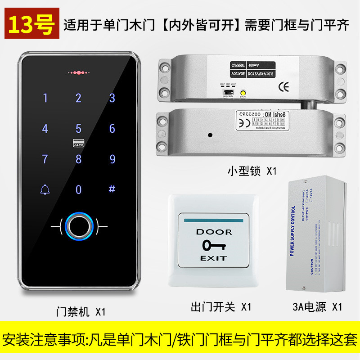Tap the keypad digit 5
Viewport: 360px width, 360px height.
pos(78,129)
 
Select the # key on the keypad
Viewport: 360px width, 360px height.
pos(112,189)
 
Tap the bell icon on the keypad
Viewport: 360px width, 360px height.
pos(45,189)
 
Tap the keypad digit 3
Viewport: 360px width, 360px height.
pos(112,98)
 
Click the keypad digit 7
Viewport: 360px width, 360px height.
pos(45,159)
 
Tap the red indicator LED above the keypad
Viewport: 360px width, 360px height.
pos(78,72)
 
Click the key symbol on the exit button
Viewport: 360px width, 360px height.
pos(214,245)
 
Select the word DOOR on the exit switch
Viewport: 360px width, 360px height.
pos(214,232)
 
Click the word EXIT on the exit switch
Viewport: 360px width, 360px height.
pos(214,258)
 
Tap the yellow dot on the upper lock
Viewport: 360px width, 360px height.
pos(243,94)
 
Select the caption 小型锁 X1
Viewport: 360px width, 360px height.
pos(251,171)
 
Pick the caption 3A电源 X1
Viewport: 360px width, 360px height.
pos(317,307)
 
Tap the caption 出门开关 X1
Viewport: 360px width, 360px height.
pos(220,307)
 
